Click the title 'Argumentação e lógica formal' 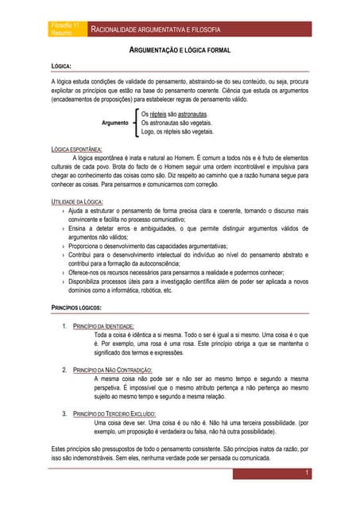[180, 51]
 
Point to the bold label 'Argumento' [115, 124]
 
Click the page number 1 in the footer [307, 473]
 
